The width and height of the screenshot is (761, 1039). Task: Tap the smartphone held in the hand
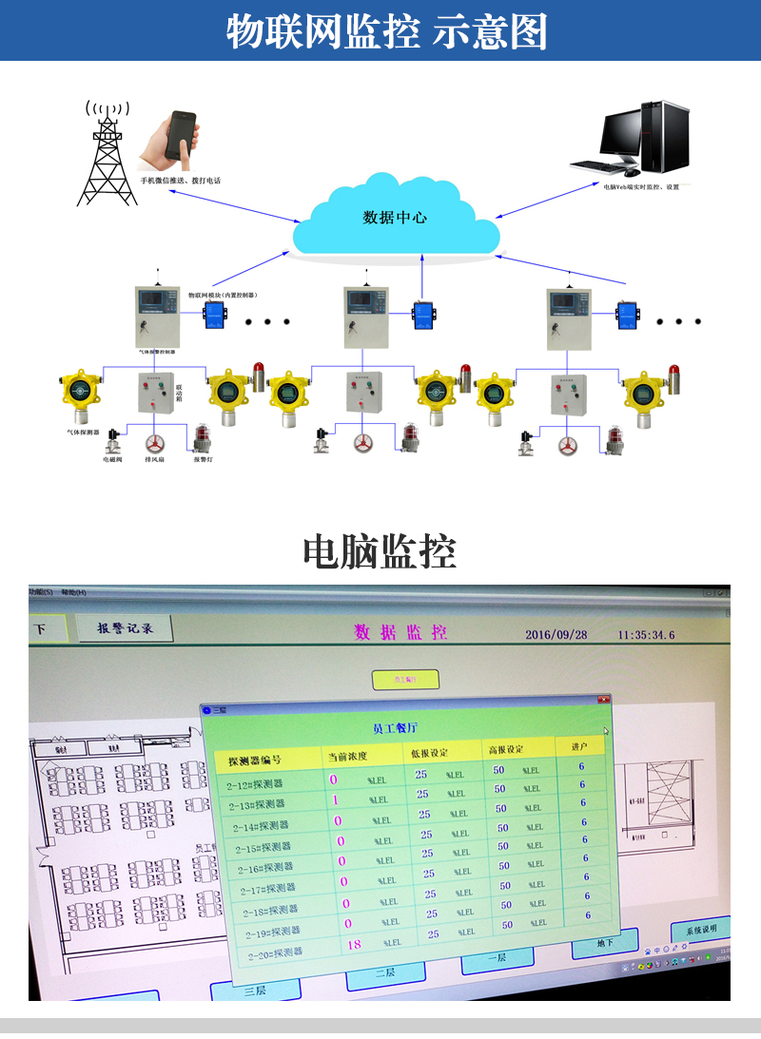(x=180, y=136)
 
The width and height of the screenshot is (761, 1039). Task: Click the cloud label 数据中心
(x=396, y=218)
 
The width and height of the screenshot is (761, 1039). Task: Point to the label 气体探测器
(x=83, y=433)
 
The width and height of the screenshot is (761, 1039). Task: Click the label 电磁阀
(x=113, y=459)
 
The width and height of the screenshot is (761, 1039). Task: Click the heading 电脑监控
(x=380, y=551)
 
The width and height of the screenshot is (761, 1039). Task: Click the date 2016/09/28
(x=556, y=634)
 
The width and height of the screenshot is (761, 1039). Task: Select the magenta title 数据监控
(x=400, y=632)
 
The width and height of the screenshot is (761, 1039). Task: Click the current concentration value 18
(x=355, y=944)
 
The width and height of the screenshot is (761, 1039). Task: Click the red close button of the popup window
(x=603, y=700)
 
